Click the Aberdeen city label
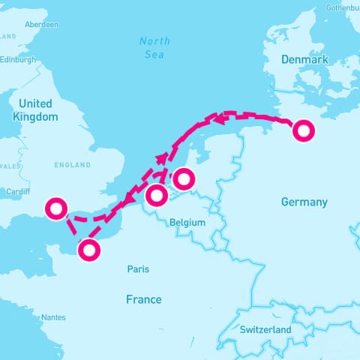click(41, 24)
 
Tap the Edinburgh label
click(17, 60)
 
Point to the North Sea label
click(154, 46)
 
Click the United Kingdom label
click(35, 110)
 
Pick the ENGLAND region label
click(72, 165)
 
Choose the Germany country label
click(304, 202)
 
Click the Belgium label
click(187, 223)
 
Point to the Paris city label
click(138, 269)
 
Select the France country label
click(143, 299)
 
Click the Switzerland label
click(265, 329)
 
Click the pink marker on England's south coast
click(55, 208)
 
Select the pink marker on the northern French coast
click(89, 250)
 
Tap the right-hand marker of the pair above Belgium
click(184, 179)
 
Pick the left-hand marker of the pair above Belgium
click(156, 196)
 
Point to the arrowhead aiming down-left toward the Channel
click(129, 197)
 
